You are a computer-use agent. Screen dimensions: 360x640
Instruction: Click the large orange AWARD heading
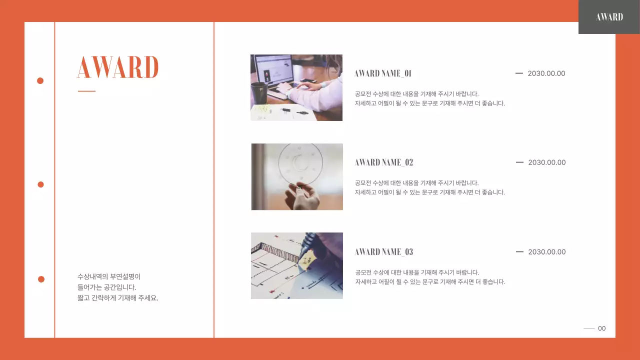(117, 67)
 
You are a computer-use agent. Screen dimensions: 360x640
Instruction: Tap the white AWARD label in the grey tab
(609, 17)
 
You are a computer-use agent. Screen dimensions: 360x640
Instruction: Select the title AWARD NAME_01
(383, 73)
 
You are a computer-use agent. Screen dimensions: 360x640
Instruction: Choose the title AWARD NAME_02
(384, 162)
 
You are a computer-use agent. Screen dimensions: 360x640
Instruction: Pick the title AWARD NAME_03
(384, 252)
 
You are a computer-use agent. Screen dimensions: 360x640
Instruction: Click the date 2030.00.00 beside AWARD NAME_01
(546, 73)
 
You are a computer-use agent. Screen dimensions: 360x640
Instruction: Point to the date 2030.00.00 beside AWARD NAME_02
(547, 162)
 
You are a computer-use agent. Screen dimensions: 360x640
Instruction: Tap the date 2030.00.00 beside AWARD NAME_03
(547, 252)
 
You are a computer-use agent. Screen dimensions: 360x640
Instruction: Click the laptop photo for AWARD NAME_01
(296, 87)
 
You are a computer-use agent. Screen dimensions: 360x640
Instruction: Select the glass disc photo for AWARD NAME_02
(297, 176)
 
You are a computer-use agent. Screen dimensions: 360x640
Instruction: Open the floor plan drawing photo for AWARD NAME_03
(297, 265)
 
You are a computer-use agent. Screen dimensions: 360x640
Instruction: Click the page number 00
(602, 328)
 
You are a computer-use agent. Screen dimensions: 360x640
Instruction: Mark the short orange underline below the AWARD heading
(86, 91)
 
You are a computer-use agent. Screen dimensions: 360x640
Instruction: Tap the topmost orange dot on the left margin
(40, 80)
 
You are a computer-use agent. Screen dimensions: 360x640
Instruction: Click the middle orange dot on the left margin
(41, 184)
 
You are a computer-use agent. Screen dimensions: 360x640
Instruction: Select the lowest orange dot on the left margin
(41, 279)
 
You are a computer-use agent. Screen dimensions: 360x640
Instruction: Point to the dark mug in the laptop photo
(258, 93)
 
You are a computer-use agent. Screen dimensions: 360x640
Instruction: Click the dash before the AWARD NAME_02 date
(519, 162)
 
